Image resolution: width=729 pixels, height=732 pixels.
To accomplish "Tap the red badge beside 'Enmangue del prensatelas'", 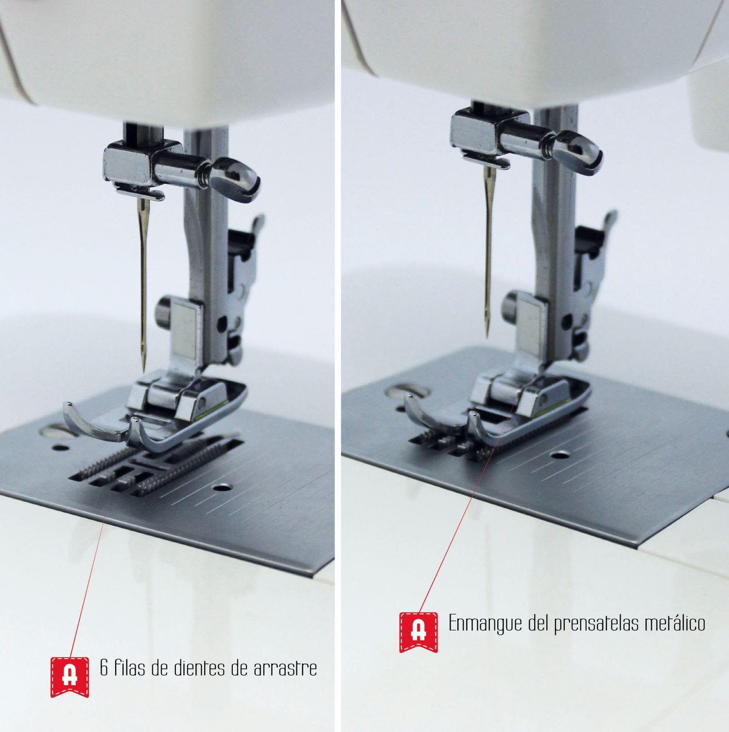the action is tap(418, 632).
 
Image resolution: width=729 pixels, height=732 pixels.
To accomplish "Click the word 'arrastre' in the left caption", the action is tap(285, 668).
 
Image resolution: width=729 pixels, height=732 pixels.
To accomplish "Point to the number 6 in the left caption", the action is tap(104, 668).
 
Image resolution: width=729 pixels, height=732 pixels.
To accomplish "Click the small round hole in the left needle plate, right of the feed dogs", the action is tap(223, 487).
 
